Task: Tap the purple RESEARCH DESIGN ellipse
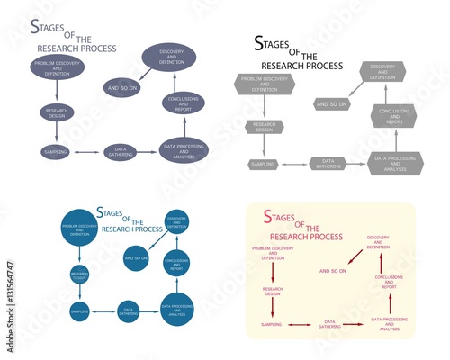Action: click(56, 112)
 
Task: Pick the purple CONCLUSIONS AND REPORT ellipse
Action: click(183, 103)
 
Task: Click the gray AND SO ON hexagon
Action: click(333, 104)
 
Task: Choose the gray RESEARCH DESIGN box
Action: click(263, 126)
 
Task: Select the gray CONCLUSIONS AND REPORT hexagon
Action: click(396, 115)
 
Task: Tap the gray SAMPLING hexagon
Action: click(263, 164)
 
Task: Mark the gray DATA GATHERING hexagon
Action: click(328, 164)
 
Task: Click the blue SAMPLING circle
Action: click(78, 311)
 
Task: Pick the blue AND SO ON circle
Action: click(136, 257)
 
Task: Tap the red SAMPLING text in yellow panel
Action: click(272, 323)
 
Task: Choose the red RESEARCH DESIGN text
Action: click(273, 291)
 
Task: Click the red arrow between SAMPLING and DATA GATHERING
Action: click(302, 323)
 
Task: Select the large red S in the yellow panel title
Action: click(268, 217)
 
